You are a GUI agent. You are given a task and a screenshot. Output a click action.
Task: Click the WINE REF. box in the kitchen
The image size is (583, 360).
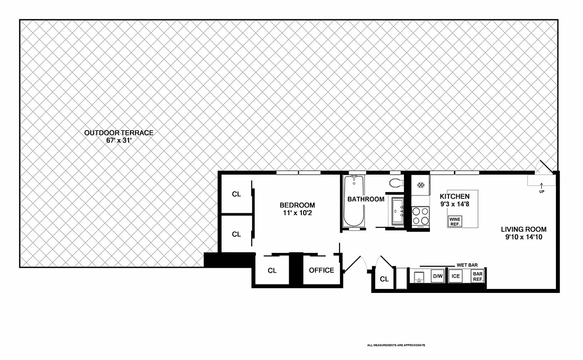click(455, 221)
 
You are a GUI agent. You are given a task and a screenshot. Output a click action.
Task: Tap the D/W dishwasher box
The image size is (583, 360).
click(437, 276)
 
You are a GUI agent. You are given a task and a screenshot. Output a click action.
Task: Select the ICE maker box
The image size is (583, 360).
click(456, 276)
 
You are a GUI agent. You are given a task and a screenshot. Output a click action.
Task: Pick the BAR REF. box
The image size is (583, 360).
click(478, 276)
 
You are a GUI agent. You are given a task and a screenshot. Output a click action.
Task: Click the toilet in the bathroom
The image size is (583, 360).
click(395, 183)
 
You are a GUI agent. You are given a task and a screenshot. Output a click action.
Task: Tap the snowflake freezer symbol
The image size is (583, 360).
click(421, 185)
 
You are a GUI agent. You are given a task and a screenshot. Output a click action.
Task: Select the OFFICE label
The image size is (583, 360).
click(321, 270)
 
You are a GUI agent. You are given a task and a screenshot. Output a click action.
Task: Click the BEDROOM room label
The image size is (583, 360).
click(297, 205)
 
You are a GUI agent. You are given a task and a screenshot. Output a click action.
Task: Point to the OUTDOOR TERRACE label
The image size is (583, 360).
click(119, 133)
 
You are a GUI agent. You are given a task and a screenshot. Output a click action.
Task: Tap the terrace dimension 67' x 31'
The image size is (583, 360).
click(119, 140)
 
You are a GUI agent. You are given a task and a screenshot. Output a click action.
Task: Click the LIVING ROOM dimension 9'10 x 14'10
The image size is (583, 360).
click(524, 236)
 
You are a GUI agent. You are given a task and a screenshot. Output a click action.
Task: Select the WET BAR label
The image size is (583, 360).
click(467, 265)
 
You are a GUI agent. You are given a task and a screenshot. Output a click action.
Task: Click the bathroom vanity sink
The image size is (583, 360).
click(398, 211)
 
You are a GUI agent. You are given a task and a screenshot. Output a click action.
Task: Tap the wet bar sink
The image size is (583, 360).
click(419, 276)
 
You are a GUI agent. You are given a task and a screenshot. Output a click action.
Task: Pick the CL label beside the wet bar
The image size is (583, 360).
click(384, 279)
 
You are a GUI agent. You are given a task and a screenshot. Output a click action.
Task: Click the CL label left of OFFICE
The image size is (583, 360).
click(272, 270)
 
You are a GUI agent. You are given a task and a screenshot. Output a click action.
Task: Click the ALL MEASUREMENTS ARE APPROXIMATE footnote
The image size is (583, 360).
click(396, 345)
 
